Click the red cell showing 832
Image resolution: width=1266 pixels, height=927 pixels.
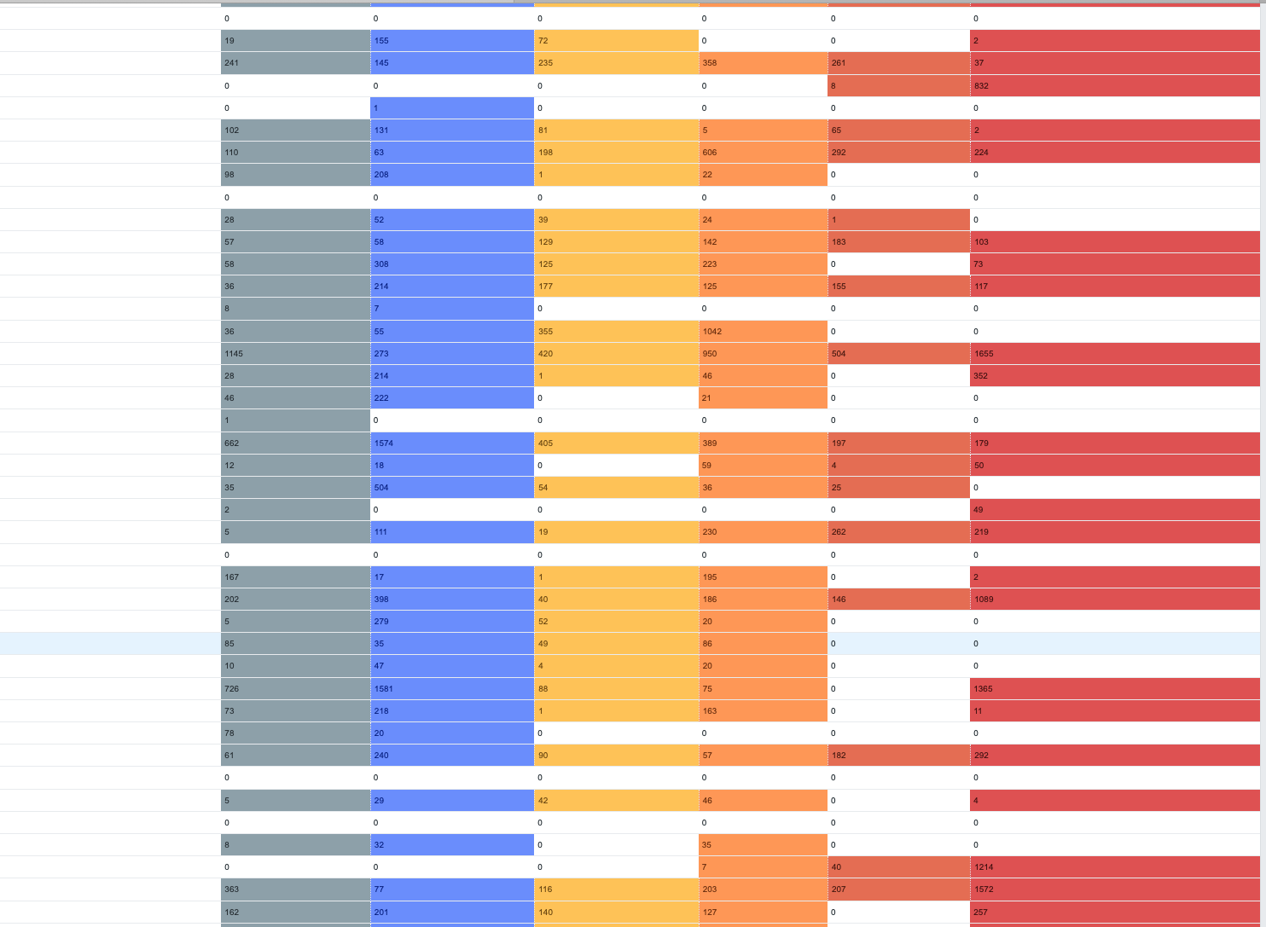coord(1114,85)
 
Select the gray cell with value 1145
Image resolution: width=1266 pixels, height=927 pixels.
coord(295,353)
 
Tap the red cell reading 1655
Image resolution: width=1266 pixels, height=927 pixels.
coord(1114,353)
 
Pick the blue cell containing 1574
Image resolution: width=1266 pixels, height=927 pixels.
coord(452,443)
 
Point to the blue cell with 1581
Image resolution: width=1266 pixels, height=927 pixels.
coord(452,688)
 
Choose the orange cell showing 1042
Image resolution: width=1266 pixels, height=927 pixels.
coord(763,331)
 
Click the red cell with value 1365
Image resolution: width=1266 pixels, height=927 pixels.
coord(1114,688)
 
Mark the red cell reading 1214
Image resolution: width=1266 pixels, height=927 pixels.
coord(1114,866)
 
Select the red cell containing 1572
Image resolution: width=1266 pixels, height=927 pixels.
coord(1114,889)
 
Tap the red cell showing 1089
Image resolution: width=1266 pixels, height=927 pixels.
coord(1114,599)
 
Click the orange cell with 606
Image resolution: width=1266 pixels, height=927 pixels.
coord(763,152)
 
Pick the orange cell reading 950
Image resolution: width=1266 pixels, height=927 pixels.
coord(763,353)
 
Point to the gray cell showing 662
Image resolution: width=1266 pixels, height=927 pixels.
coord(295,443)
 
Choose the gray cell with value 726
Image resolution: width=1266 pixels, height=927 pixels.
coord(295,688)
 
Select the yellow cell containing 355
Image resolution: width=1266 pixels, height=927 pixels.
coord(616,331)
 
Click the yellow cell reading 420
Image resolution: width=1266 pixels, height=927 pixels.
coord(616,353)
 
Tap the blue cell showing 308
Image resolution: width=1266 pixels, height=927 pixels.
coord(452,264)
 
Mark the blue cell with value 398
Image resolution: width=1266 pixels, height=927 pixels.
coord(452,599)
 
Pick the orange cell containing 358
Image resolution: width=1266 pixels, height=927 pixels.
coord(763,62)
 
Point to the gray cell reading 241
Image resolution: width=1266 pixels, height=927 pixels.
coord(295,62)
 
